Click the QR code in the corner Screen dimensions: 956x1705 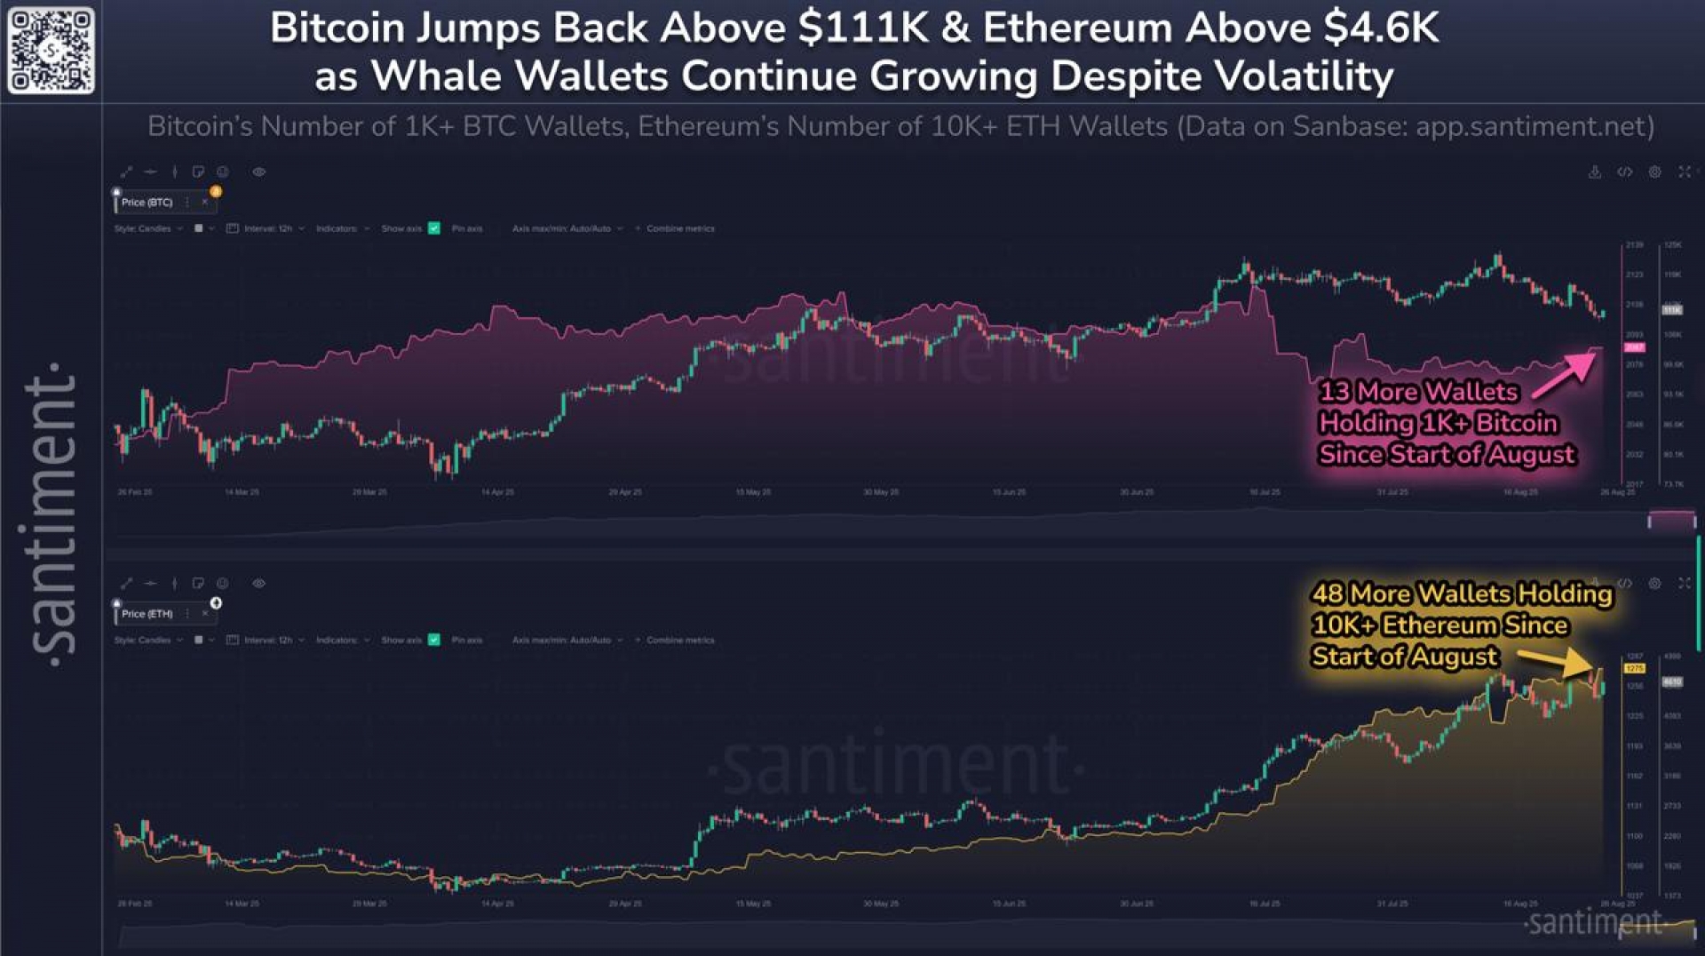pyautogui.click(x=51, y=51)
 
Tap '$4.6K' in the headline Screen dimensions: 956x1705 pyautogui.click(x=1380, y=28)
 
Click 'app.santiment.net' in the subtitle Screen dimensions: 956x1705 pyautogui.click(x=1534, y=127)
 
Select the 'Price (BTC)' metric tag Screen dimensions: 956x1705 pyautogui.click(x=147, y=203)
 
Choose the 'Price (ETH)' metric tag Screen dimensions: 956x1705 pyautogui.click(x=147, y=614)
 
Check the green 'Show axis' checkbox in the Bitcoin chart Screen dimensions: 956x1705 pyautogui.click(x=434, y=228)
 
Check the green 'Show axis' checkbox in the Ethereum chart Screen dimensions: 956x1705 pyautogui.click(x=434, y=640)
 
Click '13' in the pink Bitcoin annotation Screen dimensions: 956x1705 pyautogui.click(x=1334, y=392)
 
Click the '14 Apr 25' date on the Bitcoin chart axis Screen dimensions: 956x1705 pyautogui.click(x=497, y=492)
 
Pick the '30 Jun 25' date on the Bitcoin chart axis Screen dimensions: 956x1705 pyautogui.click(x=1137, y=492)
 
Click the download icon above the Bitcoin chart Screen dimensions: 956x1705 pyautogui.click(x=1595, y=172)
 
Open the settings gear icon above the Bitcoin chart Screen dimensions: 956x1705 pyautogui.click(x=1654, y=172)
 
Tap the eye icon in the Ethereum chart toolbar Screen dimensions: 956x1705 pyautogui.click(x=258, y=584)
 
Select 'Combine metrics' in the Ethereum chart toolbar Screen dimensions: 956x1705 pyautogui.click(x=680, y=640)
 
